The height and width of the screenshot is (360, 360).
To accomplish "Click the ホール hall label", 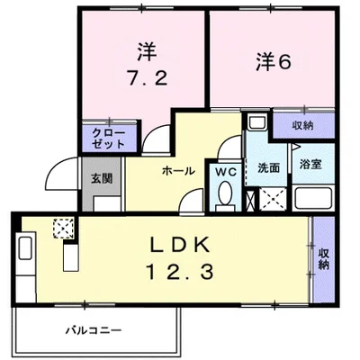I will (177, 169).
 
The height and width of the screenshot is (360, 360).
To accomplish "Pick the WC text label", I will (225, 170).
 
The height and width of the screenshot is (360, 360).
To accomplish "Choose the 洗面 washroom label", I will (267, 168).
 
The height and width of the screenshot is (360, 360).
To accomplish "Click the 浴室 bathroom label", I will (311, 167).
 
